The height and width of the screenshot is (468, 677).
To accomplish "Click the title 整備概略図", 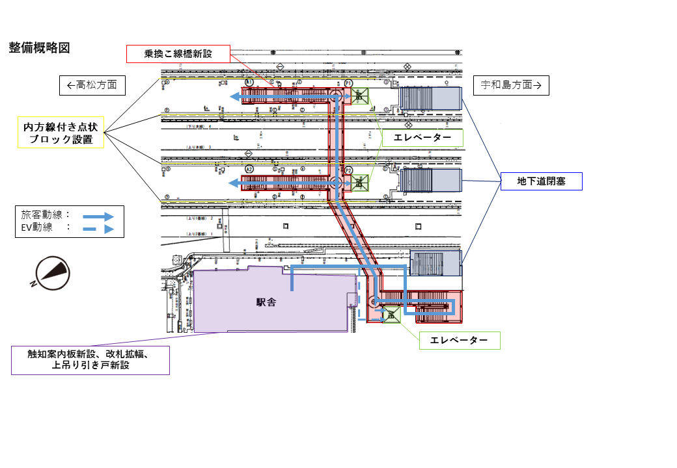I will point(39,48).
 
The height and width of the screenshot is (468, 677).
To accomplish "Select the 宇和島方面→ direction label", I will point(511,85).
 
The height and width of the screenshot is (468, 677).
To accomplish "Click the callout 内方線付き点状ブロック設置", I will point(61,133).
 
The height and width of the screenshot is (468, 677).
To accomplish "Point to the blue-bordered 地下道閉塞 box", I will point(541,181).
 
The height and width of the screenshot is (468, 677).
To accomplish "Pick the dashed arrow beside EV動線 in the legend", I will point(98,229).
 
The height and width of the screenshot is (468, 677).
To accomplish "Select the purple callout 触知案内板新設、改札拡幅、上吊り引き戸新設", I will point(90,360).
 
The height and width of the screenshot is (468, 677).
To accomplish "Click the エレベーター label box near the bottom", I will point(459,341).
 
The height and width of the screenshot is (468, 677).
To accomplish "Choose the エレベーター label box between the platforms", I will point(422,138).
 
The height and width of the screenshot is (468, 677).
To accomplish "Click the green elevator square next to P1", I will point(359,96).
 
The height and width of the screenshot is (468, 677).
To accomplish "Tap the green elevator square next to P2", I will point(359,183).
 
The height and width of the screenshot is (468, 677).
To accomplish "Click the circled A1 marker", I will point(249,83).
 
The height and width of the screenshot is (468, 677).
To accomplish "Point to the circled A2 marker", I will point(249,169).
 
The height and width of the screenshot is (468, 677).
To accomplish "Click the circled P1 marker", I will point(349,83).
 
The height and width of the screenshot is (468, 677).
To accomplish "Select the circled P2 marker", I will point(349,170).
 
